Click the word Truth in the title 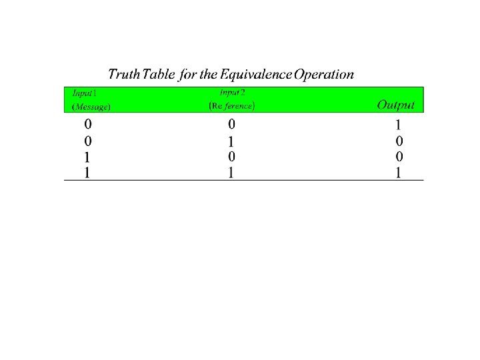[124, 74]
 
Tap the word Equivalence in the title [256, 75]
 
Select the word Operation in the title [324, 75]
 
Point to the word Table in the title [159, 74]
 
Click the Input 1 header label [85, 93]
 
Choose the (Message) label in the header [91, 107]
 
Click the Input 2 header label [233, 93]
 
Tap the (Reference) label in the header [232, 106]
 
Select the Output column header [396, 105]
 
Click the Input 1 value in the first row [88, 124]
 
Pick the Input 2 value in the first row [232, 124]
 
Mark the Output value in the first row [398, 125]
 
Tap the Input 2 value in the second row [231, 142]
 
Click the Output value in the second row [399, 141]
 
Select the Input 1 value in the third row [87, 157]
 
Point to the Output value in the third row [399, 157]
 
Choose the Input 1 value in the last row [87, 173]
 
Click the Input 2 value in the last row [231, 173]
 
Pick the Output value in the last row [398, 173]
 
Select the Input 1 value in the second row [88, 141]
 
